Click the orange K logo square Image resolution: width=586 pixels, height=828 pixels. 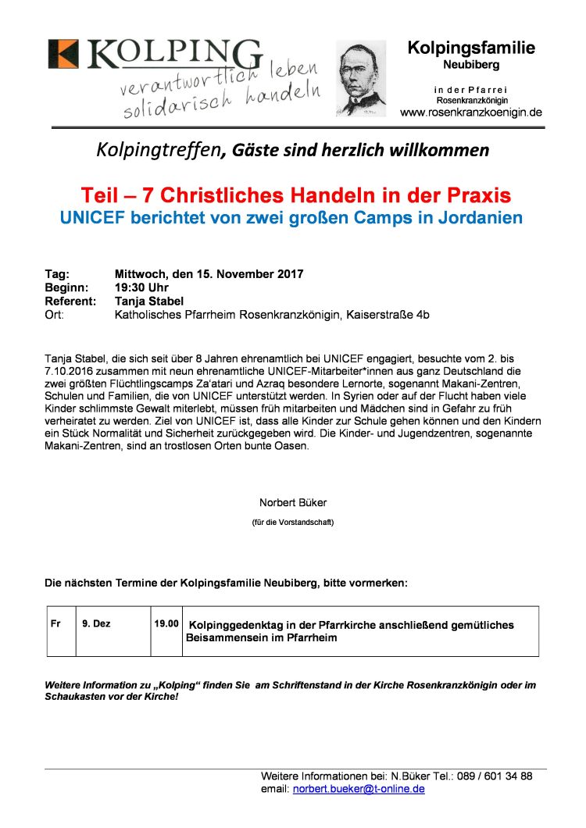[63, 54]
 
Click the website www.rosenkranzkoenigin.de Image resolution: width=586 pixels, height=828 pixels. [470, 113]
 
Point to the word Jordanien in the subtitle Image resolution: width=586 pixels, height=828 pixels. [479, 218]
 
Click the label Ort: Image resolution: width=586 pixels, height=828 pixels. [55, 315]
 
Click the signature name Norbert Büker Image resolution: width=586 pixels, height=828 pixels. [292, 502]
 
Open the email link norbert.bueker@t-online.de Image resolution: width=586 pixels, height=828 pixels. [359, 790]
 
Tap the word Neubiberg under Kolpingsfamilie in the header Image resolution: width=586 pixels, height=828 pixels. [471, 65]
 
